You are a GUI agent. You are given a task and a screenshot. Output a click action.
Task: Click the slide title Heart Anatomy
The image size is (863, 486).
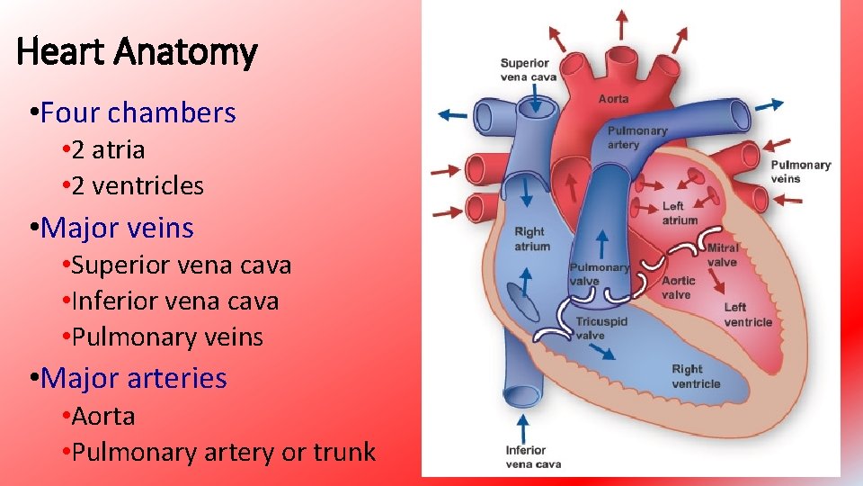(x=138, y=52)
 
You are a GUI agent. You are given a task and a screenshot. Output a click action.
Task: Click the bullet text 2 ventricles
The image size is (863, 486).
(x=138, y=185)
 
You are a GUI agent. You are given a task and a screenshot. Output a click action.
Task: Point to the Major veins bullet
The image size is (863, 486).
(x=117, y=228)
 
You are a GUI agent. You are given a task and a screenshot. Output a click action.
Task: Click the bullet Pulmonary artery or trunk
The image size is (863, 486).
(x=223, y=452)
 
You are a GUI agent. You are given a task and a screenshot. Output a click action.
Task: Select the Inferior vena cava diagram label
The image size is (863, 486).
(x=533, y=457)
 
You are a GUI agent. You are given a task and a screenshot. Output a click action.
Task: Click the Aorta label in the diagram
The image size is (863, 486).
(x=614, y=98)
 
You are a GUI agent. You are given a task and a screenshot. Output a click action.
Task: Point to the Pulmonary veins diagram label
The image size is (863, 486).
(x=800, y=171)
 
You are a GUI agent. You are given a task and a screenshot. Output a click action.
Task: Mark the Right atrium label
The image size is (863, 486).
(x=532, y=238)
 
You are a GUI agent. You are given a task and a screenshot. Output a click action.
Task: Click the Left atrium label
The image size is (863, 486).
(x=680, y=213)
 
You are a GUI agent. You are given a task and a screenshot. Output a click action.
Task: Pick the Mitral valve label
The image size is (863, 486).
(x=722, y=255)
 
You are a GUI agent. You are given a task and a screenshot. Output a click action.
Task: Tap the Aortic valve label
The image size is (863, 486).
(x=676, y=288)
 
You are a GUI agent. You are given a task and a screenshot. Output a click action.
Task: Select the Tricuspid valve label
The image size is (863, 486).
(x=601, y=328)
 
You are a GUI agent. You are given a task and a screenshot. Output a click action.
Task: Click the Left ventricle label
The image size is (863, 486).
(x=748, y=315)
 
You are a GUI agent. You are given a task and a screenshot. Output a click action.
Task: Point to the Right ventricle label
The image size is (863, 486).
(x=696, y=376)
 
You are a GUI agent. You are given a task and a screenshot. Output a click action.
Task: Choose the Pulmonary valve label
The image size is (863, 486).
(x=599, y=274)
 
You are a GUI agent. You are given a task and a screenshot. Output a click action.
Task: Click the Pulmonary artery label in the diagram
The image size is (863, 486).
(x=637, y=138)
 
